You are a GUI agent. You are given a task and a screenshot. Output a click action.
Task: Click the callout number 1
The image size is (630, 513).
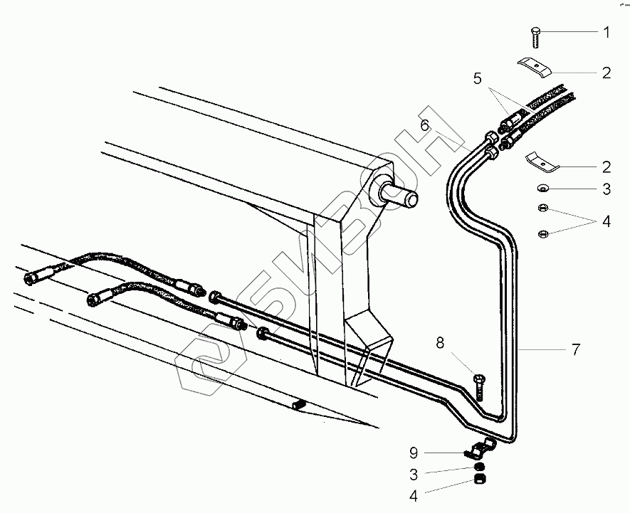pos(606,31)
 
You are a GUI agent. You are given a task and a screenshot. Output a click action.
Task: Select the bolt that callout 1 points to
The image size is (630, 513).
pos(535,33)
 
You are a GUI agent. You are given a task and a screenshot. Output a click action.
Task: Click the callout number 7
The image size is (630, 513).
pos(575,349)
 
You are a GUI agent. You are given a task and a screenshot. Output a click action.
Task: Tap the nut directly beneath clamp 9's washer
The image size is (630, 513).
pos(481,480)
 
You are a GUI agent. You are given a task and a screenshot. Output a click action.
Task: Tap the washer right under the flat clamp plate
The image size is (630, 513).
pos(542,189)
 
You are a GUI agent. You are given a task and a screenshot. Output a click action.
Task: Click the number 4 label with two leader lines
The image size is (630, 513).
pos(606,221)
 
